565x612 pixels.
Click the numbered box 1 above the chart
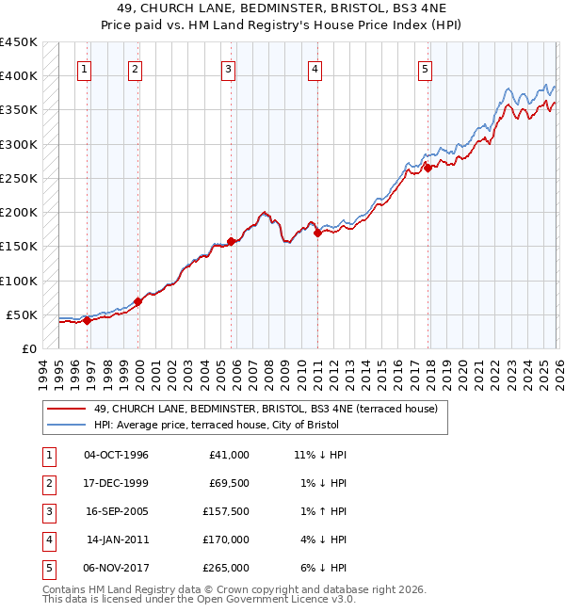click(85, 69)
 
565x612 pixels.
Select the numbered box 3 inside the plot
click(229, 69)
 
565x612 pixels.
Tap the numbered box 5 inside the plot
click(426, 69)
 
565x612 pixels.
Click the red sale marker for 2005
click(231, 241)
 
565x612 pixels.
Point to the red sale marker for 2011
click(317, 233)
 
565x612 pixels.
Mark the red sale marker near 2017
click(428, 169)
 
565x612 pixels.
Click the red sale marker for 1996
click(87, 320)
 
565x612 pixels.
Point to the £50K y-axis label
click(22, 314)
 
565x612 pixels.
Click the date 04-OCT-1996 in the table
click(116, 455)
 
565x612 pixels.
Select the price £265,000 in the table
click(227, 568)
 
